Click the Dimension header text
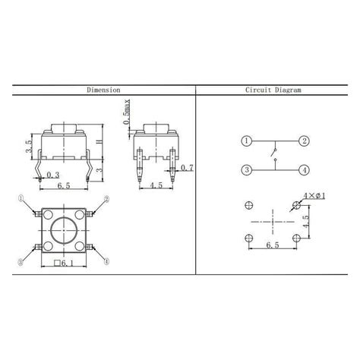pos(103,90)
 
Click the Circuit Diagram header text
pos(273,90)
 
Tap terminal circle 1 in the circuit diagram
pos(245,141)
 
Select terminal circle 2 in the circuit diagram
pos(303,141)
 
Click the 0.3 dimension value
pos(53,175)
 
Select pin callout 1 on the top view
pos(24,200)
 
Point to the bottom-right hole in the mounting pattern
pos(297,238)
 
